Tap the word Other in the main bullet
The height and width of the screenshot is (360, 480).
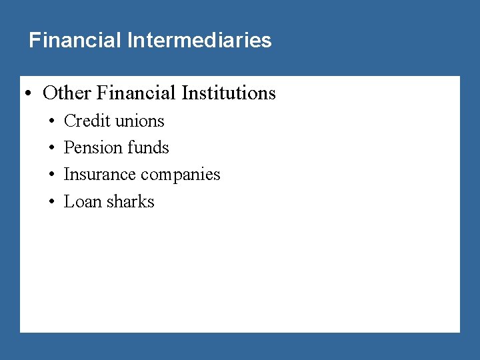click(x=67, y=93)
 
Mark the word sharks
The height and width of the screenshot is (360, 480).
click(x=131, y=201)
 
